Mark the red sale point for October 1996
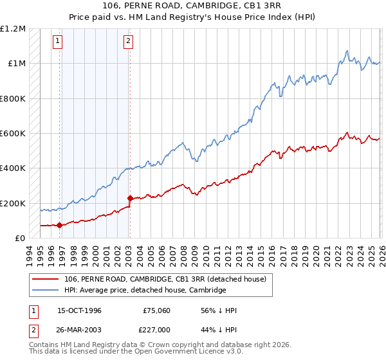[x=60, y=225]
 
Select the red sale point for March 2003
[x=130, y=199]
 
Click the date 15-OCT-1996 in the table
[x=79, y=310]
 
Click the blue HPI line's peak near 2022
[x=347, y=51]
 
